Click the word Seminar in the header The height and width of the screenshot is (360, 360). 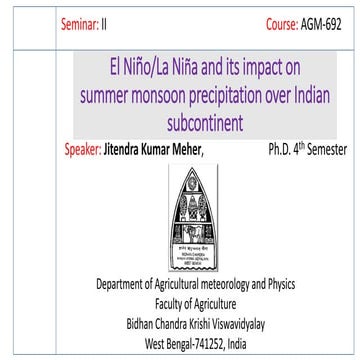[81, 21]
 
